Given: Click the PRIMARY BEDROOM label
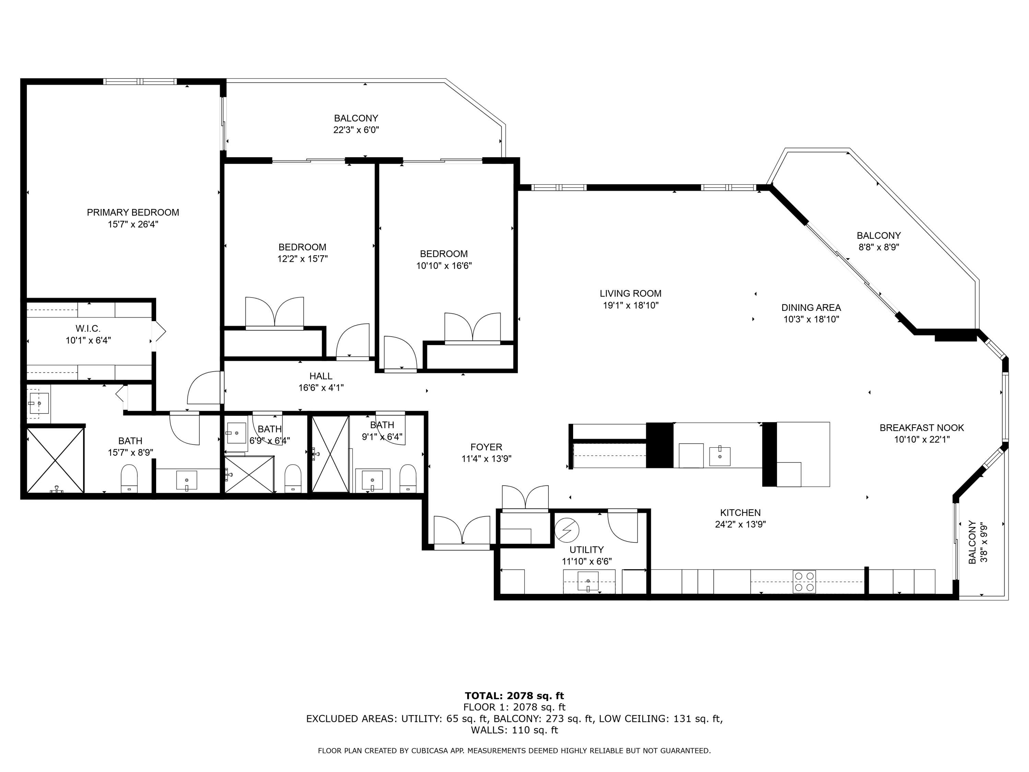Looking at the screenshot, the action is click(x=133, y=212).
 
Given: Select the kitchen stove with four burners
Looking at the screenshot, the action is click(x=804, y=582).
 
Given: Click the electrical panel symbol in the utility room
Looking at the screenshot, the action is click(x=567, y=530).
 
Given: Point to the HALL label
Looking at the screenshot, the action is click(x=321, y=376).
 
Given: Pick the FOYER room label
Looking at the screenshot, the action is click(x=486, y=447).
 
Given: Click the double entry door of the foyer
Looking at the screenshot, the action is click(x=462, y=530).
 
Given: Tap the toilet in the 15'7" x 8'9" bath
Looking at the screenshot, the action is click(x=129, y=479).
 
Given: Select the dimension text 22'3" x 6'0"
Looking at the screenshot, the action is click(x=356, y=130).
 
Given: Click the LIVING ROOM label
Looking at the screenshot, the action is click(x=630, y=294).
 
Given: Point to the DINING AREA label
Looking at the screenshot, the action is click(x=811, y=307).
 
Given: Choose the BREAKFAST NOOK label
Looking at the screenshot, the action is click(x=922, y=428).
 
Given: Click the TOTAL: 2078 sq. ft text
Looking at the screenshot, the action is click(x=514, y=696).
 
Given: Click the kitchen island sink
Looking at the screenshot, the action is click(x=720, y=456).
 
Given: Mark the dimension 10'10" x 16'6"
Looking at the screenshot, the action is click(x=444, y=266).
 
